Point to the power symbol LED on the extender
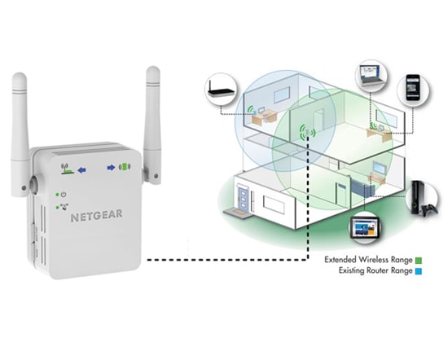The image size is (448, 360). tap(61, 195)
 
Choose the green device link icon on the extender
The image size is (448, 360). tap(125, 169)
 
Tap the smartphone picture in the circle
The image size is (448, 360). tap(411, 86)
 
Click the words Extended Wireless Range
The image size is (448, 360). tap(367, 260)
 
